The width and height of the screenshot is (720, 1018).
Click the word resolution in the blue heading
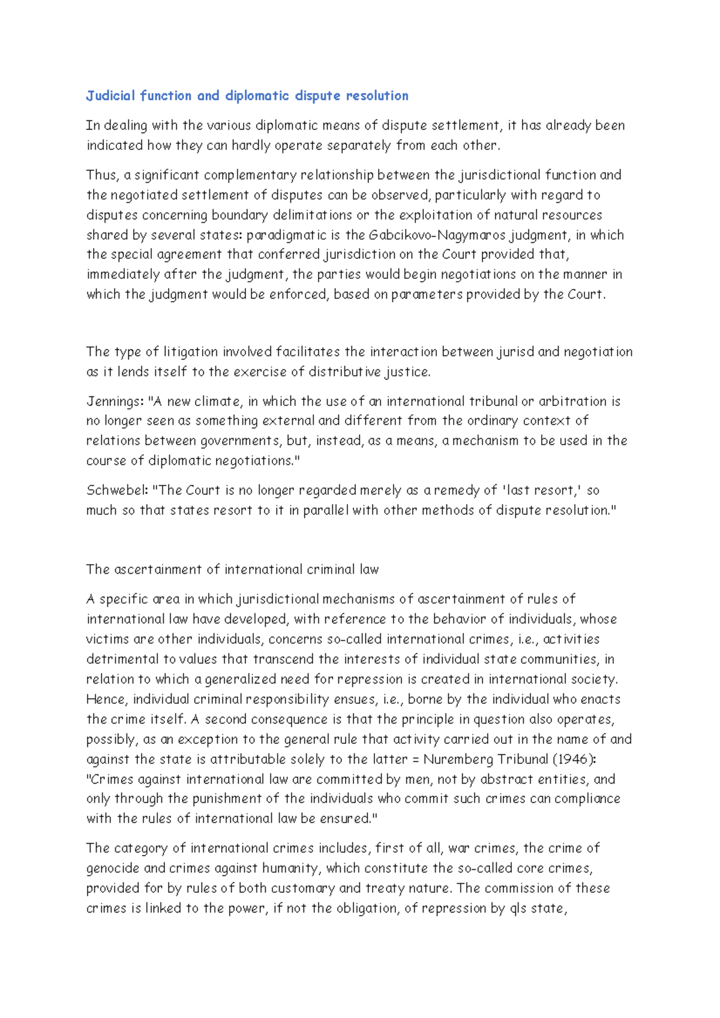pyautogui.click(x=377, y=96)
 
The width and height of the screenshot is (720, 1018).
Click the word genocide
pyautogui.click(x=112, y=868)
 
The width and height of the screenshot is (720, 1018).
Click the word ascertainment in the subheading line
pyautogui.click(x=158, y=570)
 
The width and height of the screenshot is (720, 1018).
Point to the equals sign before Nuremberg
pyautogui.click(x=415, y=759)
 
